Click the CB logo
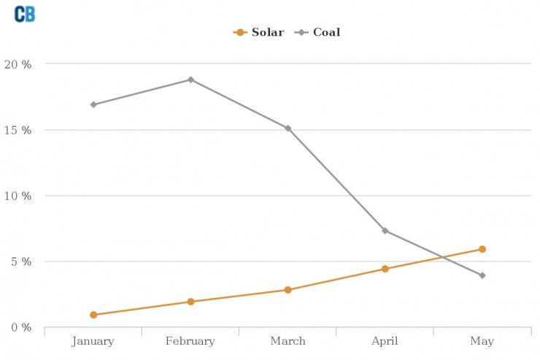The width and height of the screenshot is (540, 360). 25,14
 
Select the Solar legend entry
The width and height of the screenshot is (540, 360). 260,32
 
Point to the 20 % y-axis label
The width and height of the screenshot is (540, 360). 18,64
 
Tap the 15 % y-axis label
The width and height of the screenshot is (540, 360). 18,130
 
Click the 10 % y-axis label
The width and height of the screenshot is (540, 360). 18,196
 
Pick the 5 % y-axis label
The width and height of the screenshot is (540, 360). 20,261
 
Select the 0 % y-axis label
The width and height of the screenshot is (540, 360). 20,327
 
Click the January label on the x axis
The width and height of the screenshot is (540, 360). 93,341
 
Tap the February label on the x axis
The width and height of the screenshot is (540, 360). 190,341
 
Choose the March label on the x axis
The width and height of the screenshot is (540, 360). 288,341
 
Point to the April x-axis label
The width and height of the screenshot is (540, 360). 385,341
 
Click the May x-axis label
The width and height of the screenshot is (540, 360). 482,341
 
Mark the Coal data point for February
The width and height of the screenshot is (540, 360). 190,80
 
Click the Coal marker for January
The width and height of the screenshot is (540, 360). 93,104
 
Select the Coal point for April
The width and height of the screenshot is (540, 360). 385,231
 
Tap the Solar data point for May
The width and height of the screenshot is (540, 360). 482,249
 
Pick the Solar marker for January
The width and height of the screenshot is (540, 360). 93,315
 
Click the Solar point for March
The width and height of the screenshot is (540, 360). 288,290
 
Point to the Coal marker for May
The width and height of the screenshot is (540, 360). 482,275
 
